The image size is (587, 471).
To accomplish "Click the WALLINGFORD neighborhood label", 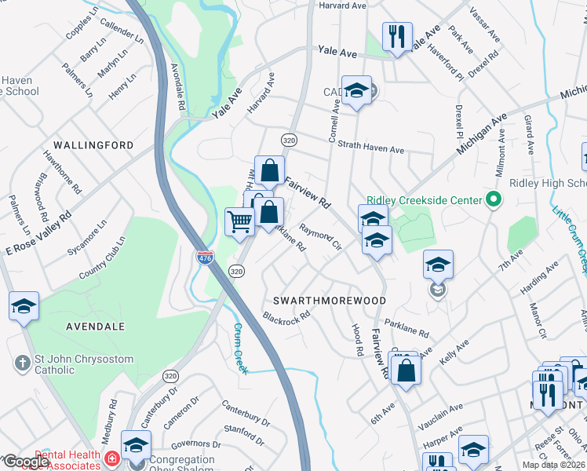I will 93,145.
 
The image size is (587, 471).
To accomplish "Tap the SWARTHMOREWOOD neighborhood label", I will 329,301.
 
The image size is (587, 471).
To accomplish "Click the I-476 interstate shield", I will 204,256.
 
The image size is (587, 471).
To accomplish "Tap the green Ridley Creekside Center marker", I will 493,199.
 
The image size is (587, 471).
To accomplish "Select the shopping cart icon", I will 239,221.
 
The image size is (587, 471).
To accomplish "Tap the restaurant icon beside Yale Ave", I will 397,36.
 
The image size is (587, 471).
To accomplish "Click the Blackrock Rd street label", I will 287,318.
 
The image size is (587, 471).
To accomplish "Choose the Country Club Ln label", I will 101,258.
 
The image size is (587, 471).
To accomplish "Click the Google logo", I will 26,462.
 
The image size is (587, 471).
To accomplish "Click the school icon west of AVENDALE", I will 24,306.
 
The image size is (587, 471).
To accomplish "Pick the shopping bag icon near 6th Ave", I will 406,370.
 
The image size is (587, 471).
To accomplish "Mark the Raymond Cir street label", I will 322,239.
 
